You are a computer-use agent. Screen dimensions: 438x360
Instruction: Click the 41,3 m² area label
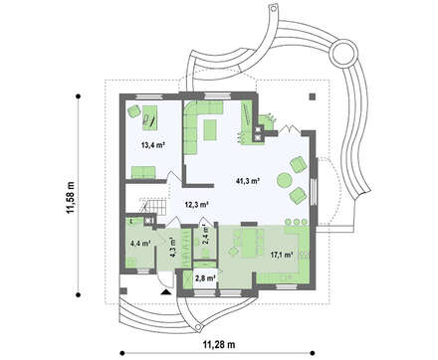coord(248,181)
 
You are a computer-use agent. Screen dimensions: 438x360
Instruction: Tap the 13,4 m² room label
coord(153,145)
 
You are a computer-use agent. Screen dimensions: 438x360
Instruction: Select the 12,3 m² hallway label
coord(196,205)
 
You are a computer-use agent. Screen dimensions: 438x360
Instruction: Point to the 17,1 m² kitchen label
coord(282,255)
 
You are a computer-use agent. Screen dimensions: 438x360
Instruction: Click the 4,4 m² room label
coord(140,243)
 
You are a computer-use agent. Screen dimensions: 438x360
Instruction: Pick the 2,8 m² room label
coord(206,278)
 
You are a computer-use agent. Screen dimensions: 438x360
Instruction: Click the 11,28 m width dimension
coord(219,345)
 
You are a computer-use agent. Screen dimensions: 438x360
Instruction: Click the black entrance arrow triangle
coord(166,291)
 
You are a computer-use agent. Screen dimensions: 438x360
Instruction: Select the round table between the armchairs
coord(284,181)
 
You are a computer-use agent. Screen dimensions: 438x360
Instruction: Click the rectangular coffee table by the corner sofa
coord(210,130)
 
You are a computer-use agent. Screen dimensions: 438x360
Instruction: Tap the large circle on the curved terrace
coord(343,53)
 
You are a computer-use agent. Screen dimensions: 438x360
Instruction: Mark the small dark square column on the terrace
coord(313,96)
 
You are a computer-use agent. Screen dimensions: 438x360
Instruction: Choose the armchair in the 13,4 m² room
coord(134,110)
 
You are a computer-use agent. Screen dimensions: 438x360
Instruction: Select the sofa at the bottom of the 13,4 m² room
coord(143,172)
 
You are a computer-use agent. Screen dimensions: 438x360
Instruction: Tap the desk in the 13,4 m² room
coord(149,117)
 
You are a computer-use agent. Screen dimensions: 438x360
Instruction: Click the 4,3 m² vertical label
coord(171,245)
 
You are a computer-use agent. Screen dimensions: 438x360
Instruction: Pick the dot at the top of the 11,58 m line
coord(79,96)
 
